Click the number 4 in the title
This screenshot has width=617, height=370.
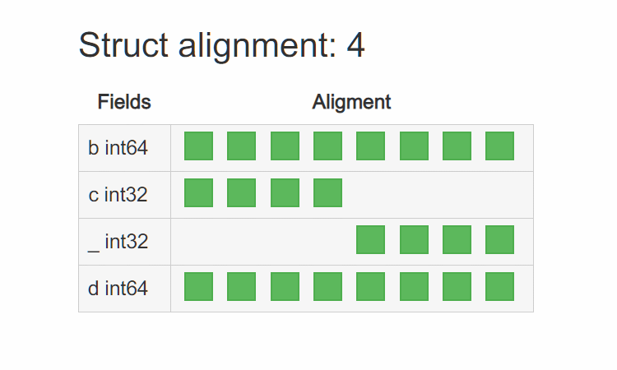point(355,47)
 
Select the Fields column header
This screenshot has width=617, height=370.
point(124,102)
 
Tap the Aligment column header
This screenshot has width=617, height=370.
point(351,102)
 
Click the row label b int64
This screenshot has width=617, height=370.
point(118,149)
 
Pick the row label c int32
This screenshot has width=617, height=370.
point(118,196)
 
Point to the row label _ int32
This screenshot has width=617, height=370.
point(118,242)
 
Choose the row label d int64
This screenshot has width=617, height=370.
point(118,289)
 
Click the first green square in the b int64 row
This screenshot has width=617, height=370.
point(198,146)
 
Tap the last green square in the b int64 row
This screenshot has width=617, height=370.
point(499,146)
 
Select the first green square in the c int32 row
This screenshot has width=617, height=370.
point(198,192)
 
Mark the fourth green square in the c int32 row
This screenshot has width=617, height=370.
point(327,192)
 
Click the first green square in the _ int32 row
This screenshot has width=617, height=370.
point(370,239)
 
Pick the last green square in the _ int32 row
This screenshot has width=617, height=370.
point(499,239)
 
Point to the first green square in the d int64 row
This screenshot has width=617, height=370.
point(198,286)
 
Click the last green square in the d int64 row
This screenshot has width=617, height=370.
point(499,286)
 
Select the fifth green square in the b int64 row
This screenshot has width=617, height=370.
point(370,146)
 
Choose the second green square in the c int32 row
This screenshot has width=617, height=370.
point(241,192)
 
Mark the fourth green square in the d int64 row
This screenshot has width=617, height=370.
point(327,286)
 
